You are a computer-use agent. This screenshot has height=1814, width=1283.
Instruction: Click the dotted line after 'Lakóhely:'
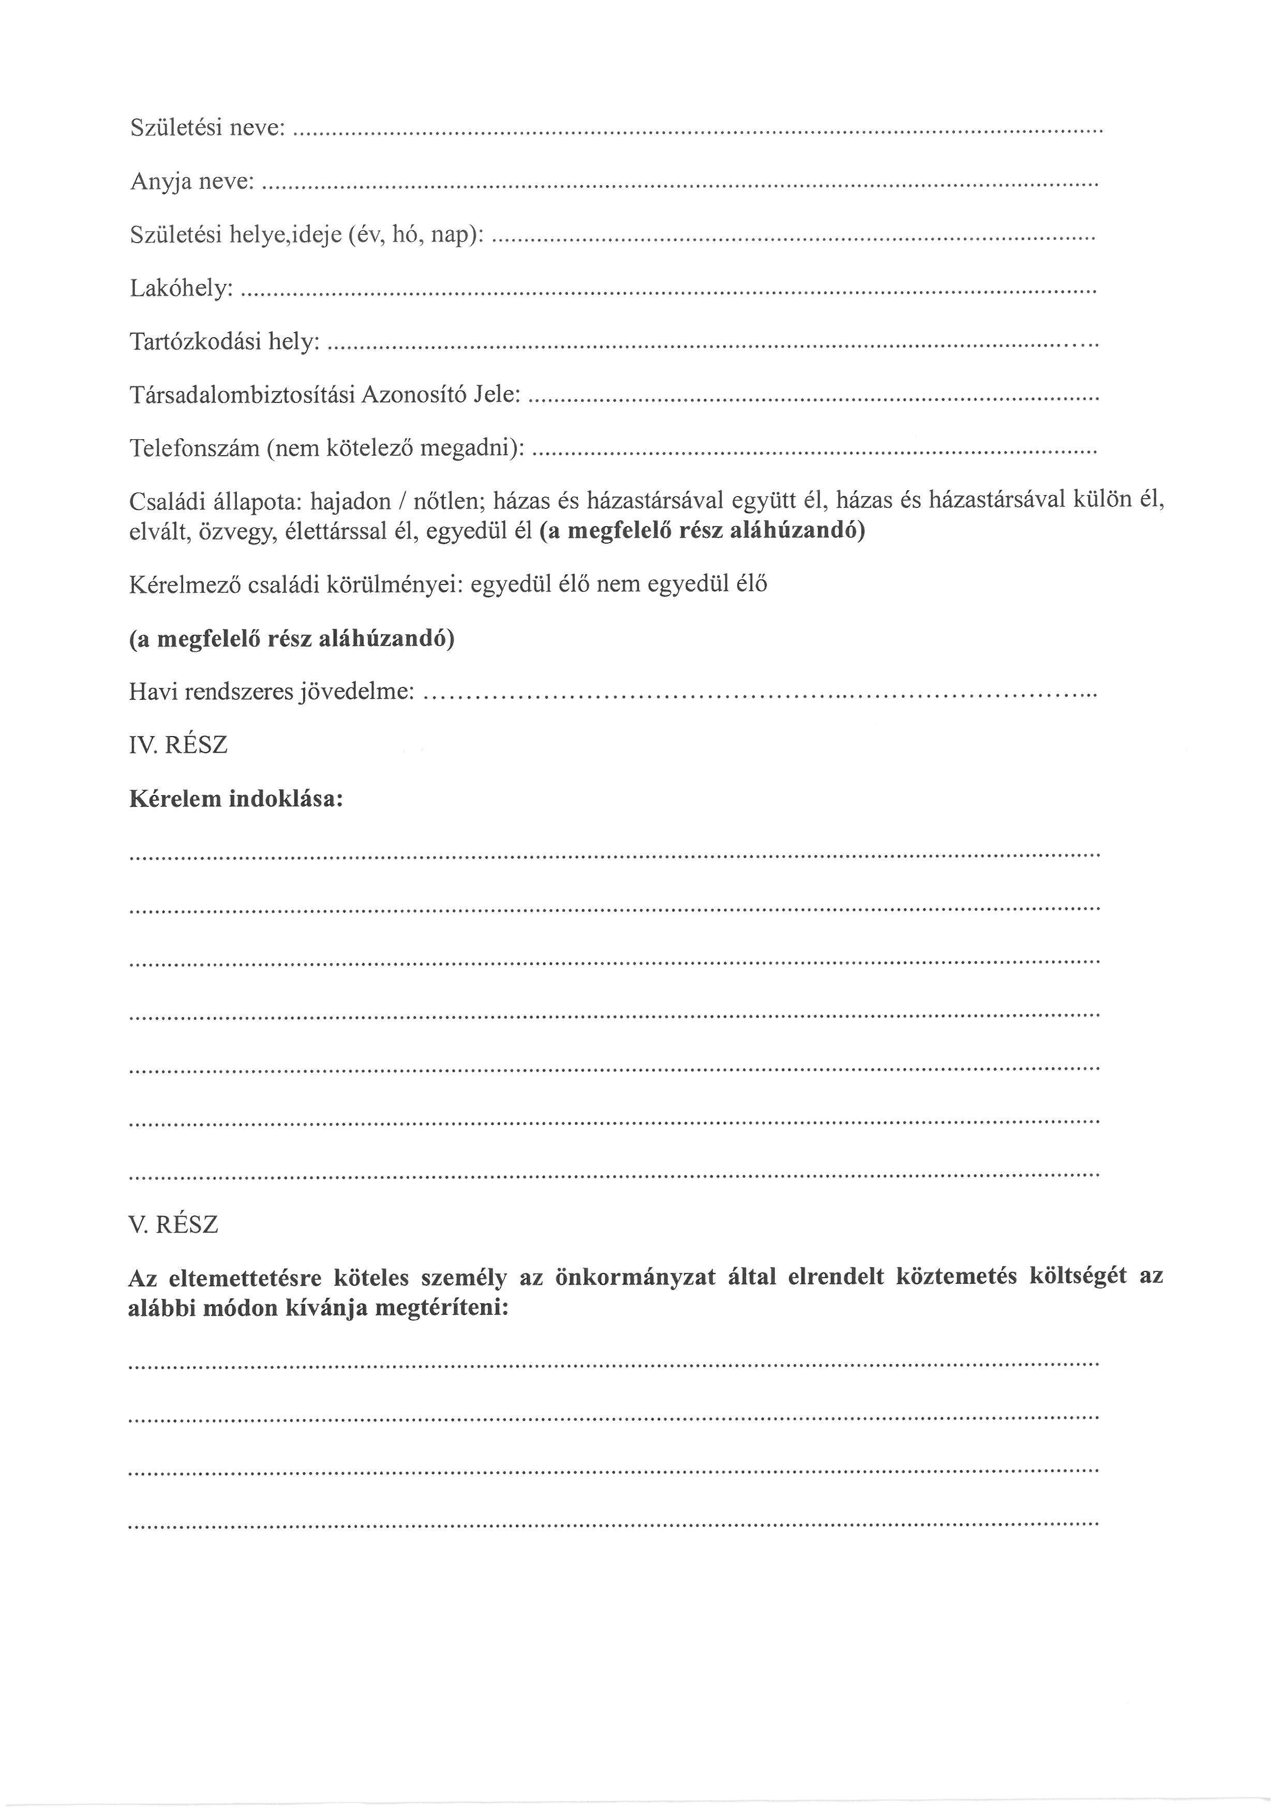[667, 292]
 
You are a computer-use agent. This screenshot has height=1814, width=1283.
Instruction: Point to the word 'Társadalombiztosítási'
[242, 395]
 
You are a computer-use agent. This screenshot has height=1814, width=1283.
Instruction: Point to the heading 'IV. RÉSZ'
[178, 745]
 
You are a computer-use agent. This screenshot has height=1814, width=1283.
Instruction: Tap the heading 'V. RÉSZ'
[173, 1225]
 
